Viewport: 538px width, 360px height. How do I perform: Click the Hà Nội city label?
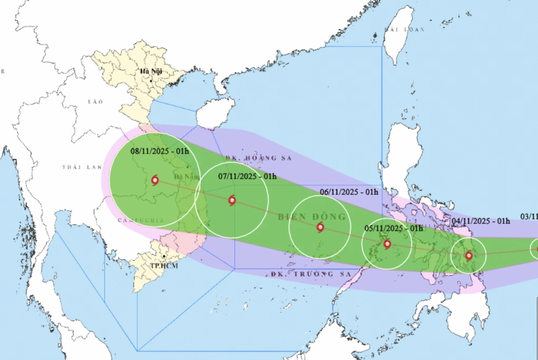click(150, 71)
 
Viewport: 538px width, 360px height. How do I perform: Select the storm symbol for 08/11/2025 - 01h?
click(155, 180)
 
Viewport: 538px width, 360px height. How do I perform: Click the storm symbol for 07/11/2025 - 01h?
click(232, 200)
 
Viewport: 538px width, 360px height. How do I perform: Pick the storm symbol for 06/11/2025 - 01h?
click(321, 228)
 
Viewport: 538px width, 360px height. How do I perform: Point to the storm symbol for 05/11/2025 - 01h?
click(387, 244)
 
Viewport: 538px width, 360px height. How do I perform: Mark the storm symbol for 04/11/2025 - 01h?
click(469, 256)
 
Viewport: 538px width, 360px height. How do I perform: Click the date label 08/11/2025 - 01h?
click(160, 151)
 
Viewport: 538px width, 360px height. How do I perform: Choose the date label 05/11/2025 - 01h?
click(393, 229)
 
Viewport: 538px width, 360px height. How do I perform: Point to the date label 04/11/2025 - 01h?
click(482, 221)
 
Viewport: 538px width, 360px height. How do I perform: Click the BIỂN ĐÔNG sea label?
click(312, 217)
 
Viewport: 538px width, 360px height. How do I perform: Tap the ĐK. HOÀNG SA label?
click(258, 158)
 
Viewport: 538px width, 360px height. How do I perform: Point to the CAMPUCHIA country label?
click(141, 220)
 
